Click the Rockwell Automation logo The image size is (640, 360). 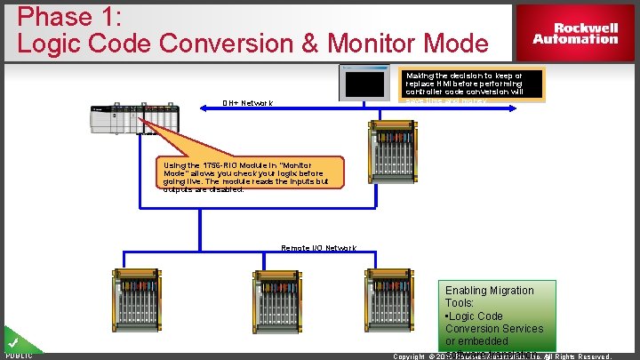click(575, 33)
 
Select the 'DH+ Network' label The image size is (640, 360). click(248, 103)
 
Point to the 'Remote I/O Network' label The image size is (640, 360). click(318, 248)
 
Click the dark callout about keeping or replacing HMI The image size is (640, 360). click(472, 85)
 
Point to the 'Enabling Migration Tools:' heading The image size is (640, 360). click(490, 297)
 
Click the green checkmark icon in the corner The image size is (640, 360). click(13, 342)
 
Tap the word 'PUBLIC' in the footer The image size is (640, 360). click(19, 356)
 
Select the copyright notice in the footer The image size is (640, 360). click(502, 356)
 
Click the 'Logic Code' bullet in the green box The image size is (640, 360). click(475, 316)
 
